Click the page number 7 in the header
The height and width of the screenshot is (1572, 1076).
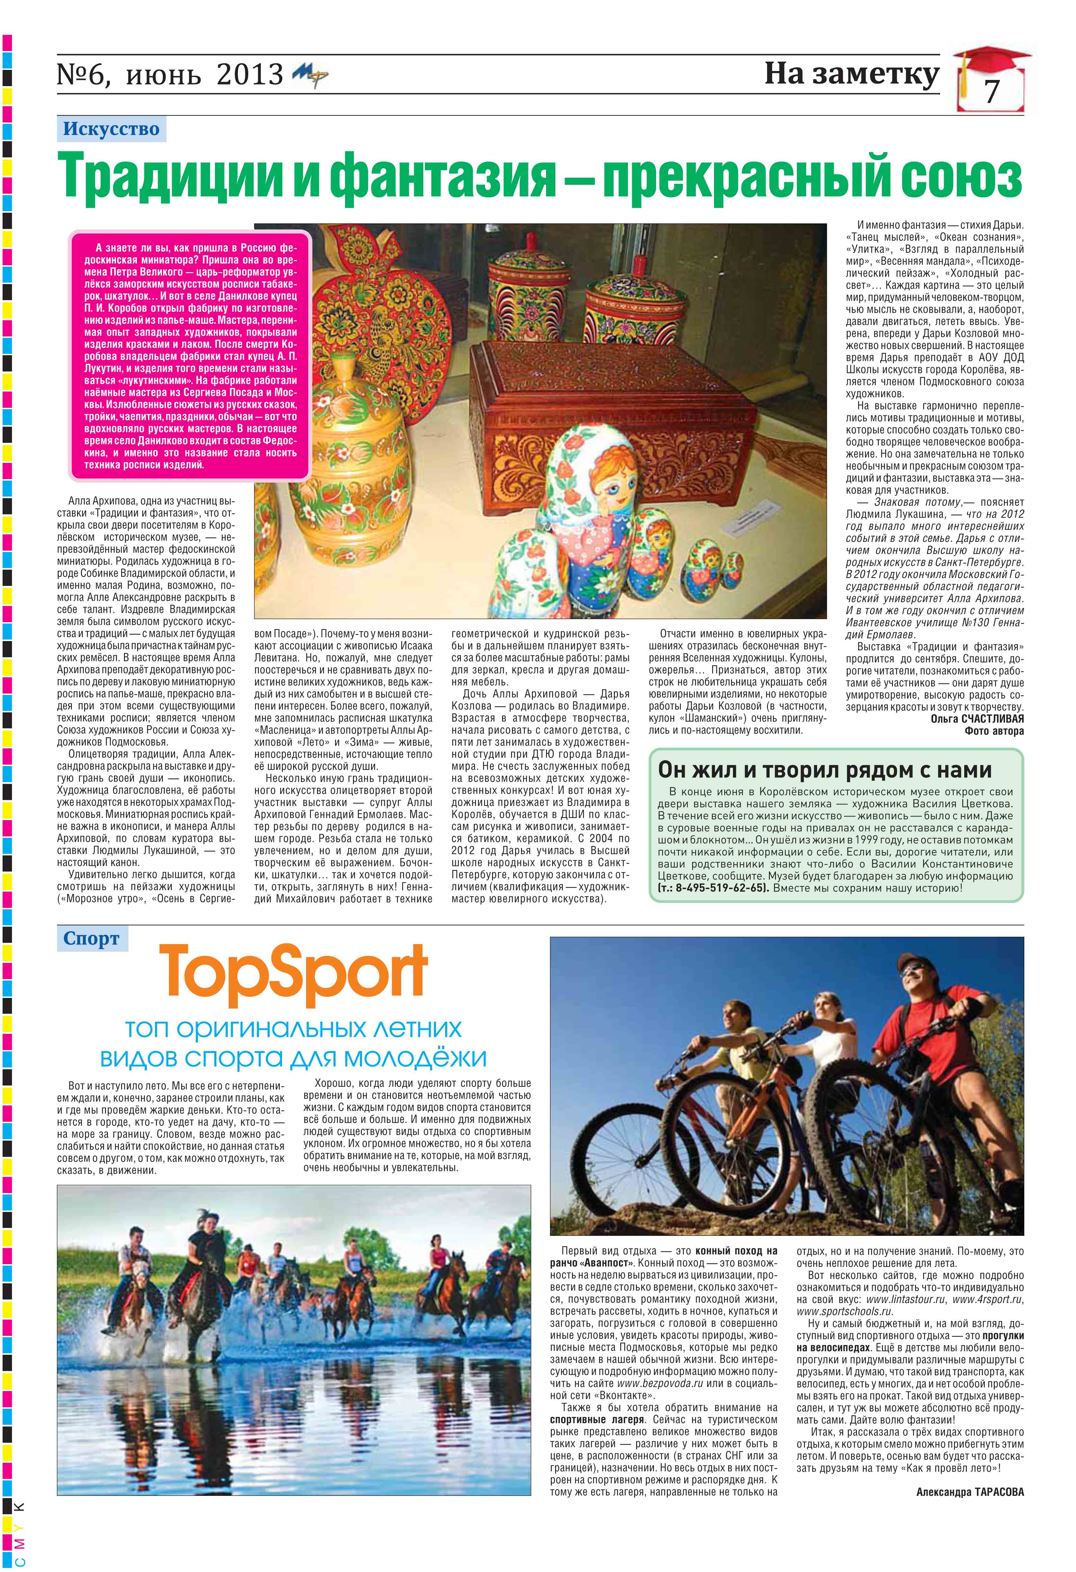[992, 91]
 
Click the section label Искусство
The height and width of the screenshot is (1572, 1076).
[111, 129]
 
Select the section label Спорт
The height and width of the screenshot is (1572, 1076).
[91, 939]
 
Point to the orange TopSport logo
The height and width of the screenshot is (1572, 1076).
[294, 975]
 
